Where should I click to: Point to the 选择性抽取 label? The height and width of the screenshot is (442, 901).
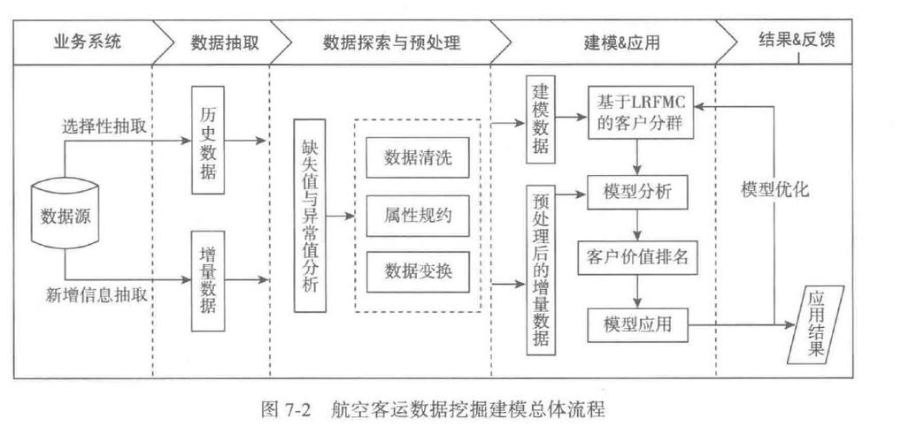click(104, 128)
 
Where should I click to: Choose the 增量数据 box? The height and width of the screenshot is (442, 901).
click(209, 280)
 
